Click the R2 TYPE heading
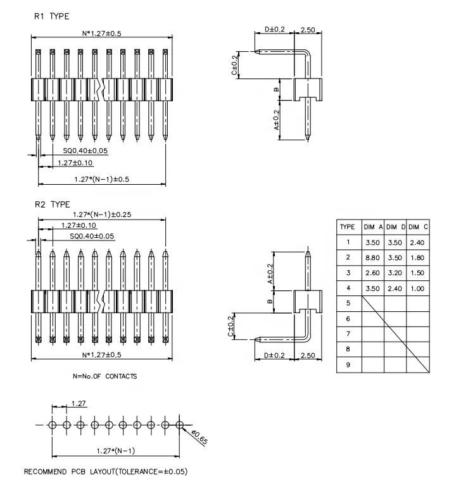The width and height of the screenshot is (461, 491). [51, 204]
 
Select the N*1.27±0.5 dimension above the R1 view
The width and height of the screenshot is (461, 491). [101, 33]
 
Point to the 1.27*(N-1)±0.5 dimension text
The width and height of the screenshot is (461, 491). [101, 179]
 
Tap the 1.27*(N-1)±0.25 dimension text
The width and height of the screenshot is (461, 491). [101, 215]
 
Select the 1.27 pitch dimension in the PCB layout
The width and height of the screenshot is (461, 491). [79, 402]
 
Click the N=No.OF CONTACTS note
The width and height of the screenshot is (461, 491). [105, 376]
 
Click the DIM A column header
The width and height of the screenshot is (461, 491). [372, 227]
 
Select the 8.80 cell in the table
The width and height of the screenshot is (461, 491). [372, 257]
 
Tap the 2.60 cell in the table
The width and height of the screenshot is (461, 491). [372, 273]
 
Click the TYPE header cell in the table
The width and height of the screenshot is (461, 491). [348, 227]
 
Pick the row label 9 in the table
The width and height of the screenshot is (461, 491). [348, 365]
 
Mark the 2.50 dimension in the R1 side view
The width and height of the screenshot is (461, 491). [308, 30]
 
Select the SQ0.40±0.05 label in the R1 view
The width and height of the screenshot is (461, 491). [85, 151]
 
